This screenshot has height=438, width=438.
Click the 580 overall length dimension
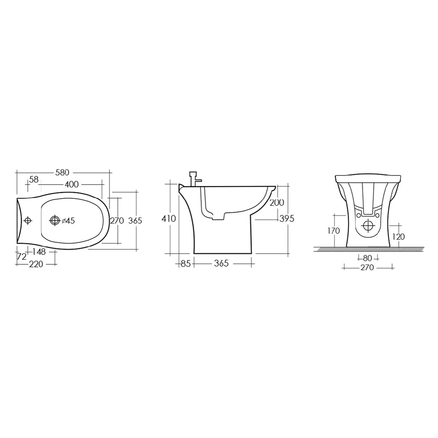click(x=62, y=172)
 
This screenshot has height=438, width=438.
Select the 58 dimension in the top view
click(x=34, y=181)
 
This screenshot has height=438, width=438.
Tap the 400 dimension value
click(x=72, y=184)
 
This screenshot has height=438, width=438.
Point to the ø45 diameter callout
click(x=68, y=221)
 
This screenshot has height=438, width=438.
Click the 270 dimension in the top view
click(x=117, y=221)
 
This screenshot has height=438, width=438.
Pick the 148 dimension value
click(x=39, y=252)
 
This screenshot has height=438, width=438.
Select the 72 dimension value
click(x=22, y=257)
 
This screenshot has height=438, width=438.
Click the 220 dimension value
click(x=36, y=264)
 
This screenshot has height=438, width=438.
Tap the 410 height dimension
click(x=169, y=219)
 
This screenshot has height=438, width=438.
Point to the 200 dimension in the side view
click(x=277, y=202)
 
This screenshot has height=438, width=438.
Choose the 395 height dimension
click(x=287, y=219)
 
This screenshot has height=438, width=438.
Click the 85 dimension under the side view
click(x=185, y=263)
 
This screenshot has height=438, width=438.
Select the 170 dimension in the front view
click(x=334, y=231)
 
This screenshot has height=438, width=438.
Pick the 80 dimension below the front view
click(x=367, y=258)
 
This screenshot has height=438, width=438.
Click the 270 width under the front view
click(x=367, y=268)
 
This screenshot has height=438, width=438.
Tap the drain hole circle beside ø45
click(x=55, y=221)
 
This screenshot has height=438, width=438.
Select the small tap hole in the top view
click(x=28, y=220)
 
